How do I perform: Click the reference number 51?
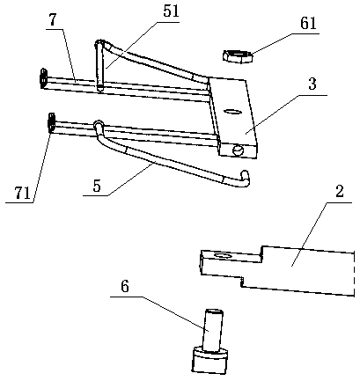(x=171, y=11)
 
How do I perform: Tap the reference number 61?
(x=308, y=23)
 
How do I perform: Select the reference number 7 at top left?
(x=53, y=19)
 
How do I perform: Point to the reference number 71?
(x=22, y=193)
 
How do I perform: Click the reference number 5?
(x=97, y=186)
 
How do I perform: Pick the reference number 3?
(x=312, y=84)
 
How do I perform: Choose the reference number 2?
(x=339, y=191)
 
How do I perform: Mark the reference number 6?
(x=125, y=286)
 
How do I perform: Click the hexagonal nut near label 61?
(x=238, y=56)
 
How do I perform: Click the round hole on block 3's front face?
(x=238, y=151)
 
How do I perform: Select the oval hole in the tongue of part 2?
(x=223, y=256)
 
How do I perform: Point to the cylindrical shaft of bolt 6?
(x=213, y=330)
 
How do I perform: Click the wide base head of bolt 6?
(x=209, y=362)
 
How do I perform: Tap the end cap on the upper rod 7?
(x=43, y=77)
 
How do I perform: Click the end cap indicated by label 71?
(x=51, y=123)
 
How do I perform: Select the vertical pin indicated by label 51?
(x=99, y=66)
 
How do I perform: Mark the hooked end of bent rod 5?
(x=245, y=178)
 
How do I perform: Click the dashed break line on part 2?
(x=354, y=274)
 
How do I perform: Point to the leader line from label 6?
(x=159, y=313)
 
